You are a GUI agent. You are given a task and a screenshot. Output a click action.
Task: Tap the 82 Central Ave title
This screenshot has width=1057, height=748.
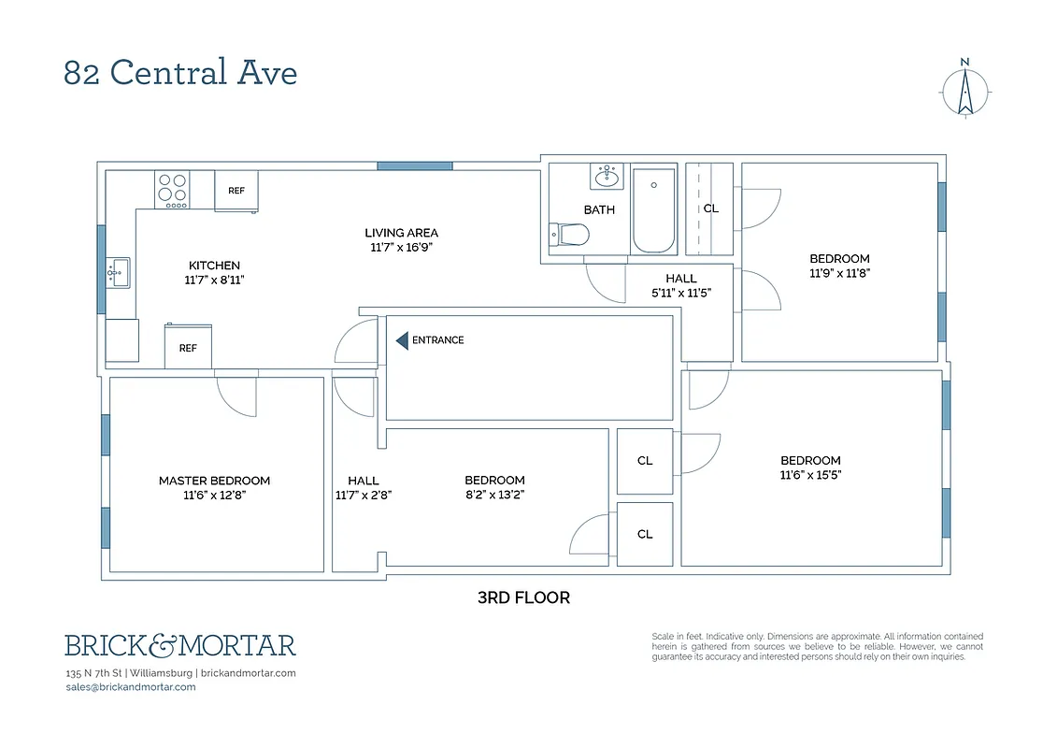pos(180,73)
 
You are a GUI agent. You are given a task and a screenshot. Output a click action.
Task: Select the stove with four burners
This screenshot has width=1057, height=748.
pos(172,190)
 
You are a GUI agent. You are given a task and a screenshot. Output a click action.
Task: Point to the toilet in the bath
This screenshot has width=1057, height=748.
pos(566,235)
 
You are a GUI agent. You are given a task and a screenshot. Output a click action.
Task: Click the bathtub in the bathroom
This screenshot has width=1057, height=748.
pos(654,210)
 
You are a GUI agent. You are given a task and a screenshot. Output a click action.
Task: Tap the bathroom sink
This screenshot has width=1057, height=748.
pos(607,176)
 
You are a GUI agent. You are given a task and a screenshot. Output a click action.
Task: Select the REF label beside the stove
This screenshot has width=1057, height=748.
pos(236,191)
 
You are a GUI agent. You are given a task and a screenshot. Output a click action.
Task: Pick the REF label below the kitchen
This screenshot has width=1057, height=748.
pos(188,348)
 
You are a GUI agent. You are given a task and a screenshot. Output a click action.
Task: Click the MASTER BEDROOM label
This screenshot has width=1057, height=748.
pos(214,481)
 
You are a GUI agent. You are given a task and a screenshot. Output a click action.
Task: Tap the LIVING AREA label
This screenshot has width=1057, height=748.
pos(401,233)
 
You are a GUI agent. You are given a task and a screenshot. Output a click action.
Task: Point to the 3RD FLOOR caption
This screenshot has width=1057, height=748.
pos(523,597)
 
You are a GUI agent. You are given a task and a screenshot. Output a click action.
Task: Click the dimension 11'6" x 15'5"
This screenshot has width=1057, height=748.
pos(810,475)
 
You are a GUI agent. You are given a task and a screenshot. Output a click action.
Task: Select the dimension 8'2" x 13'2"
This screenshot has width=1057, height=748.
pos(494,496)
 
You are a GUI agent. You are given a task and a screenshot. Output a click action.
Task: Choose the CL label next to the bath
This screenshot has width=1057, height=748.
pos(710,209)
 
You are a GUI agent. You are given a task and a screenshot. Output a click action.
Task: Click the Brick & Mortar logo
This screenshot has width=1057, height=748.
pos(180,645)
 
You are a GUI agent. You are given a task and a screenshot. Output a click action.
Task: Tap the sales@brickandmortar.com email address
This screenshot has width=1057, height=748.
pos(131,686)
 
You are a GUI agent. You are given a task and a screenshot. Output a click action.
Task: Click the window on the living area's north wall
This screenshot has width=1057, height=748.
pos(415,165)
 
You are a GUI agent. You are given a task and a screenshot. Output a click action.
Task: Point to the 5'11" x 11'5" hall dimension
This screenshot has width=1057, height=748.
pos(681,293)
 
